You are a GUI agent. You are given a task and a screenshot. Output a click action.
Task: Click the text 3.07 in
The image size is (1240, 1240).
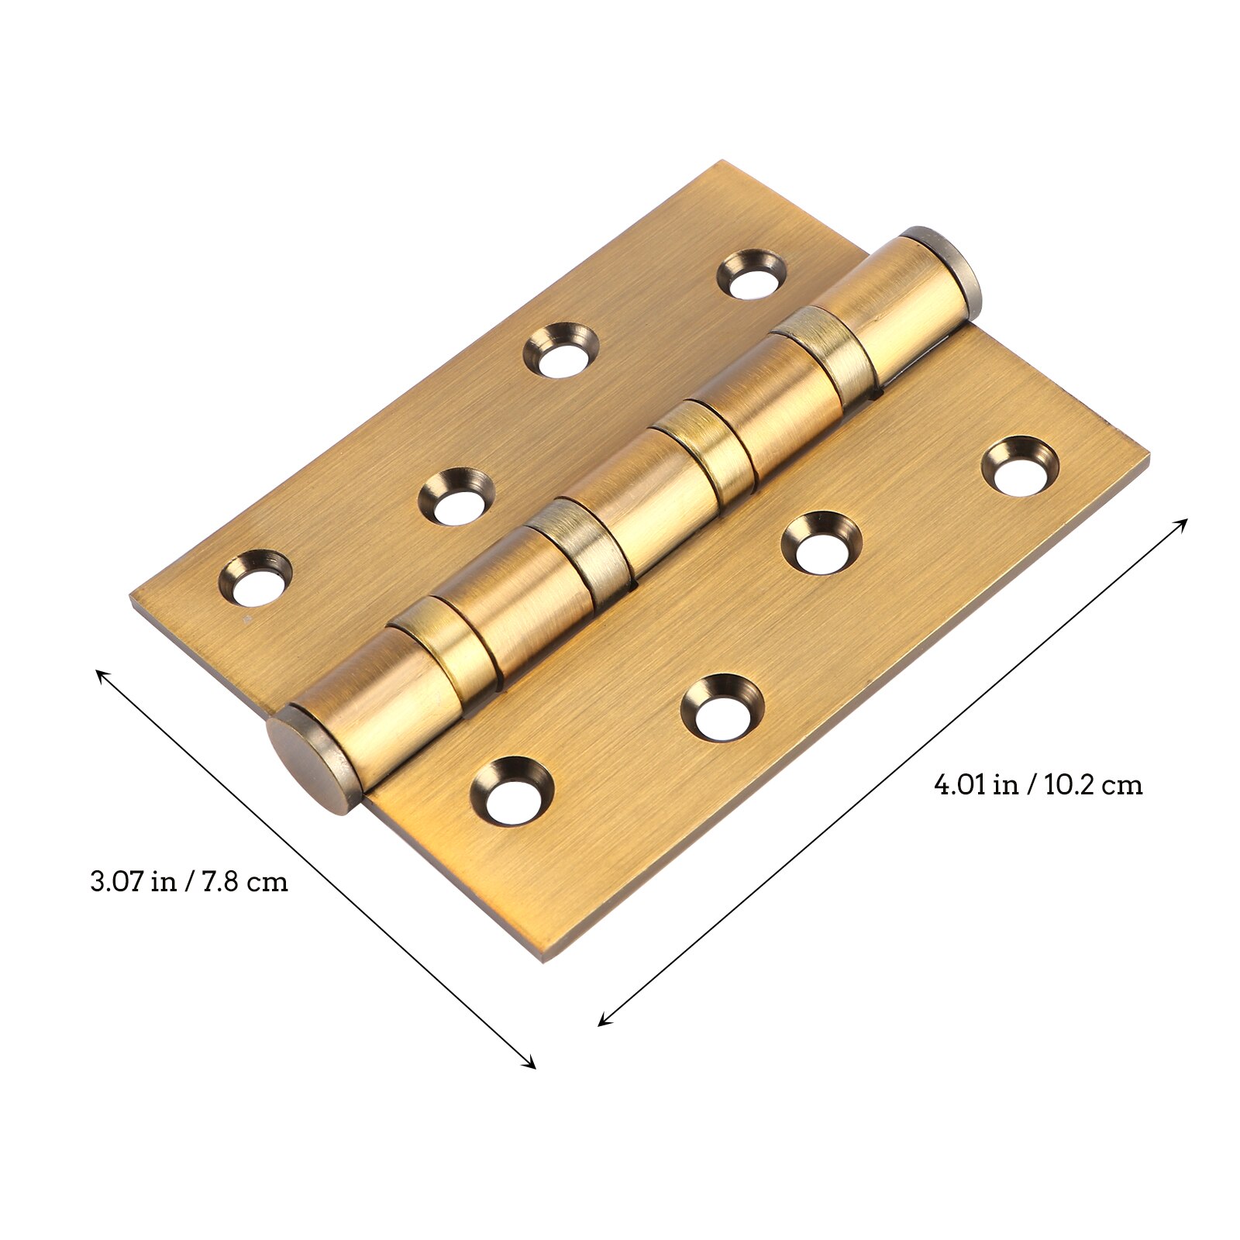point(132,882)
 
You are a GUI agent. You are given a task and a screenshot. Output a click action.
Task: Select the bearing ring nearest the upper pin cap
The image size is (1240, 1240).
point(825,350)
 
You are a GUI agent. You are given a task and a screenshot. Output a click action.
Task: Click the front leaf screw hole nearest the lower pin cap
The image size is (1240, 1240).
point(512,790)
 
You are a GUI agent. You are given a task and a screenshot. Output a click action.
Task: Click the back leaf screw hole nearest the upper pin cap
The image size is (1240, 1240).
point(751,274)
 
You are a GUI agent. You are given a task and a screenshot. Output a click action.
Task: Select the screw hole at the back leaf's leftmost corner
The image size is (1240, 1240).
point(255,578)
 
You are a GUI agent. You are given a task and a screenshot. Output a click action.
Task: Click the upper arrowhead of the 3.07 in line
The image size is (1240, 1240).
point(99,673)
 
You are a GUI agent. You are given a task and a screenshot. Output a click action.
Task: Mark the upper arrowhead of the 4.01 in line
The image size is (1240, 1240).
point(1183,522)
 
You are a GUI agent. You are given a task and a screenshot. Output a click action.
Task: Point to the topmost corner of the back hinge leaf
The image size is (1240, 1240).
point(722,162)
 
